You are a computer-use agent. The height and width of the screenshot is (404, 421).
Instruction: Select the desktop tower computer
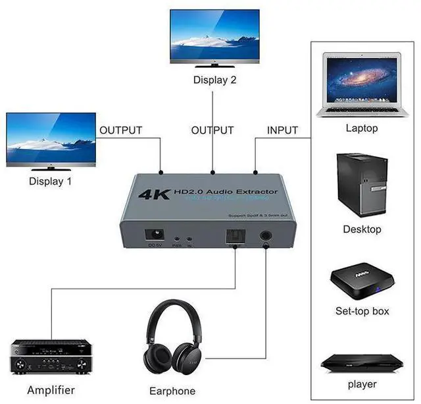pos(360,185)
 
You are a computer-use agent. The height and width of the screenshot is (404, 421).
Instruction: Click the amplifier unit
pos(50,357)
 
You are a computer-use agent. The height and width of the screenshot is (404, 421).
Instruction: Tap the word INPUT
pos(282,130)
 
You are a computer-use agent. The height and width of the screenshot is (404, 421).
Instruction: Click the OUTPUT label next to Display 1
pos(120,130)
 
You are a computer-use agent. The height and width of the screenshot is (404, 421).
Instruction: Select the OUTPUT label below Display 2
pos(212,130)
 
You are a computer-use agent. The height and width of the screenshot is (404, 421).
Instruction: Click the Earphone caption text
pos(172,391)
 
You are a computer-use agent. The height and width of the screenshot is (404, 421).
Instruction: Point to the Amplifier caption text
pos(51,390)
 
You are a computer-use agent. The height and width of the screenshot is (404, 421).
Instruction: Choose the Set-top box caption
pos(362,311)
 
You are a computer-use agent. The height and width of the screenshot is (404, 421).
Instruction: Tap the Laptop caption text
pos(362,128)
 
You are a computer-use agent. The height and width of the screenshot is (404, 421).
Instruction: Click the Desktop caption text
pos(362,229)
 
